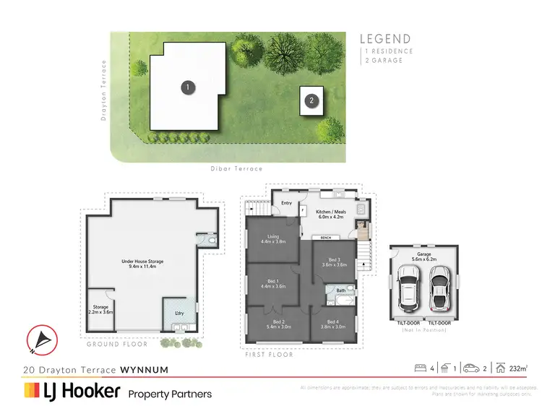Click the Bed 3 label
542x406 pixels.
[x=333, y=262]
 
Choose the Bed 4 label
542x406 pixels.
[x=332, y=324]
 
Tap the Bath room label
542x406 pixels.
[x=340, y=290]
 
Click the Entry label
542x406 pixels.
[x=286, y=204]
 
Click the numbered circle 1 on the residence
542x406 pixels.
[x=187, y=87]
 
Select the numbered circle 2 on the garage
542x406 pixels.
[x=311, y=101]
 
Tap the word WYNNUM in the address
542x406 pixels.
[x=145, y=370]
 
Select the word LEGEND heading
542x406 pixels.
[x=385, y=39]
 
